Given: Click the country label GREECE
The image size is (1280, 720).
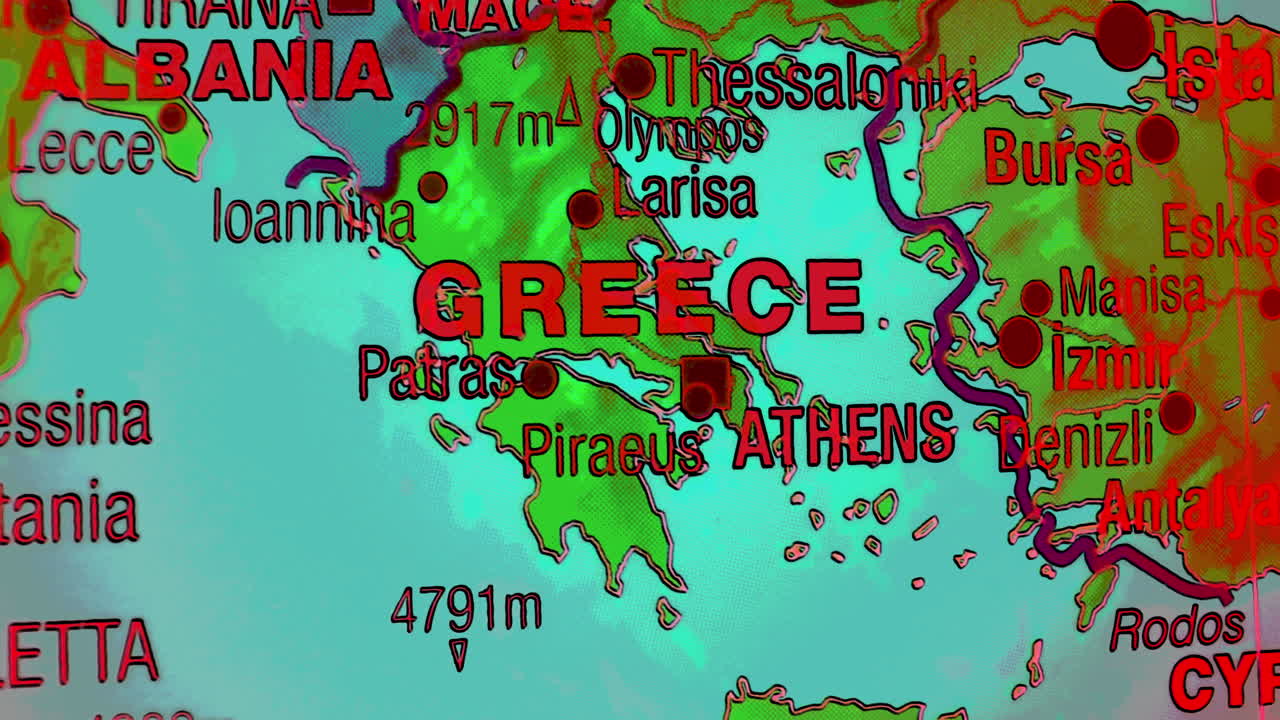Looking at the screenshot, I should coord(639,298).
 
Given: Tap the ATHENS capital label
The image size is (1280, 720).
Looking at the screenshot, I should coord(844,436).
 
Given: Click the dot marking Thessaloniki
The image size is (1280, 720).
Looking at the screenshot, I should coord(633,76).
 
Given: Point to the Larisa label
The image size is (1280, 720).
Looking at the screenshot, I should coord(685,195).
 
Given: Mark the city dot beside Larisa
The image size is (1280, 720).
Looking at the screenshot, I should coord(585,209).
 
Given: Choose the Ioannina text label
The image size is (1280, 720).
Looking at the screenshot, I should coord(313,217).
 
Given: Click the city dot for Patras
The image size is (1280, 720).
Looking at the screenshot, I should coord(540,378).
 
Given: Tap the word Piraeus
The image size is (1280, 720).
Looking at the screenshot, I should coord(612,450).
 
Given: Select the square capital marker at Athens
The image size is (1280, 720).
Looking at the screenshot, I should coord(707,378).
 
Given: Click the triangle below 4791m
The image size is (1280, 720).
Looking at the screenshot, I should coord(459,654).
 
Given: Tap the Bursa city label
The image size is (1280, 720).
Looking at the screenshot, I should coord(1058,158).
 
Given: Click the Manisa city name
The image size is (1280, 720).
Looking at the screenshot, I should coord(1132,292).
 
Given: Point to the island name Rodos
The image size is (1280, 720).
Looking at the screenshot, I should coord(1177,629).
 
